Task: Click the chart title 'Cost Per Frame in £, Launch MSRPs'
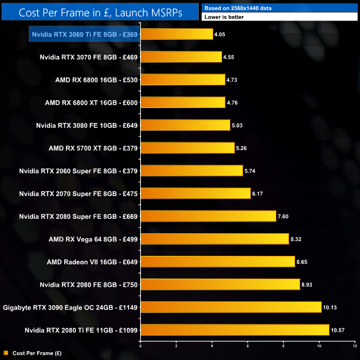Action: coord(100,11)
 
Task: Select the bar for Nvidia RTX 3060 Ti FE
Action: coord(177,34)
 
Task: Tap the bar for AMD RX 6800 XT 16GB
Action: coord(183,102)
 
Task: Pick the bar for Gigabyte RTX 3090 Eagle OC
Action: coord(231,307)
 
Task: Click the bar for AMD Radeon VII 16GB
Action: coord(218,261)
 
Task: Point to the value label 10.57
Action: coord(339,330)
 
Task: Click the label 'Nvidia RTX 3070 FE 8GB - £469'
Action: coord(89,57)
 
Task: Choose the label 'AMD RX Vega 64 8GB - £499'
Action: coord(93,239)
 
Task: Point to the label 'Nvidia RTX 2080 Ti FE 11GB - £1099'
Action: coord(81,330)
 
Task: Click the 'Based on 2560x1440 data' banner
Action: coord(279,7)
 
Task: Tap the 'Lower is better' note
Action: coord(279,17)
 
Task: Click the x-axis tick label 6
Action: coord(248,346)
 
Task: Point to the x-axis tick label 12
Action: coord(354,346)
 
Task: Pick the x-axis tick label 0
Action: coord(141,346)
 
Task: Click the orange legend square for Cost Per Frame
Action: coord(6,353)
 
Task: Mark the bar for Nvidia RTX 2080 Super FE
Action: coord(208,216)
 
